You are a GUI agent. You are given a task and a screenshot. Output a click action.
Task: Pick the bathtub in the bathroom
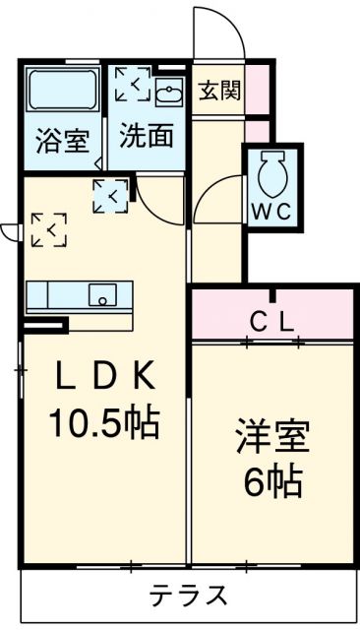[61, 93]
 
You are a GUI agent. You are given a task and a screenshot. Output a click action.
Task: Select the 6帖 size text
[273, 482]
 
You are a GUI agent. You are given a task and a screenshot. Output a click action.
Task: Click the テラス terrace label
[189, 596]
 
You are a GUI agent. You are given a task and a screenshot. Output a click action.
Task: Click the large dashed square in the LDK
[48, 230]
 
